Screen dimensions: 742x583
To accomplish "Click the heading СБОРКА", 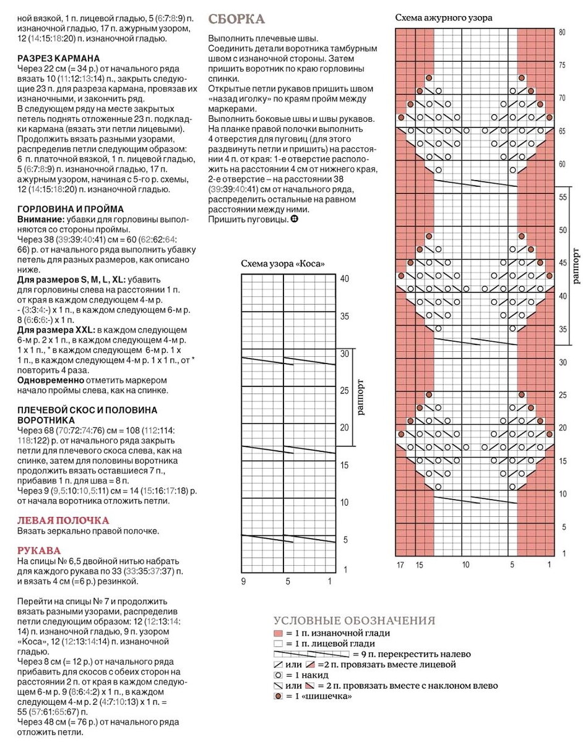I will coord(237,19).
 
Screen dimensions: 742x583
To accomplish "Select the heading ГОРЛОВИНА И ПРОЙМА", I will coord(70,209).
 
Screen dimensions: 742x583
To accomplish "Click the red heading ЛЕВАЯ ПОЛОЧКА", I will coord(63,520).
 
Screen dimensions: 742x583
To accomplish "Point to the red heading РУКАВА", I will coord(39,550).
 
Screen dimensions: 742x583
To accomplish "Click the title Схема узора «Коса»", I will coord(283,264).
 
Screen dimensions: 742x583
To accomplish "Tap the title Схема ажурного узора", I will coord(444,18).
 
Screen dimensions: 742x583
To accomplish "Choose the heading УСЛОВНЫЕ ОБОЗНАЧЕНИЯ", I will coord(355,621).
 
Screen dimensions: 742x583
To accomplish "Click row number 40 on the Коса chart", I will coord(344,279).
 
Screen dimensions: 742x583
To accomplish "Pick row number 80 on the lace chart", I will coord(562,32).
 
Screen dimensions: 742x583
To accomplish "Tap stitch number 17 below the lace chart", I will coord(400,565).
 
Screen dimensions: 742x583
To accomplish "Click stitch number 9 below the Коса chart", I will coord(243,581).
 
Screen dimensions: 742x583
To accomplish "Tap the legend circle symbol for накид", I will coord(278,675).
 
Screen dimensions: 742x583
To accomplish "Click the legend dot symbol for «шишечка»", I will coord(278,696).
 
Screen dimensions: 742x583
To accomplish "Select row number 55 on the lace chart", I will coord(563,197).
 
